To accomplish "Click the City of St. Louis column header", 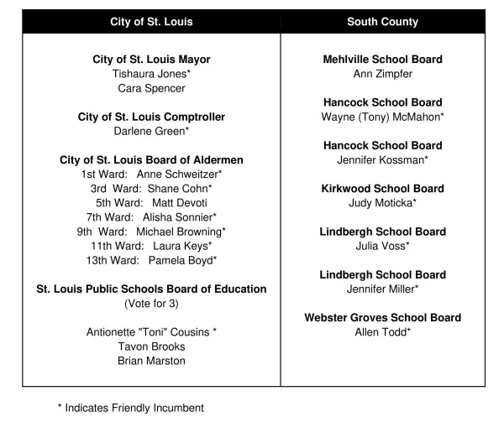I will (151, 22).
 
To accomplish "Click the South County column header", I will (382, 22).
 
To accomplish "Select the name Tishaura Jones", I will (151, 74).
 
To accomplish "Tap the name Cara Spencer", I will (151, 88).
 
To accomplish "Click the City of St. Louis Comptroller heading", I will (151, 117).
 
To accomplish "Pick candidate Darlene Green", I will (151, 131).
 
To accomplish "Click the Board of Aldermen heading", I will (151, 159).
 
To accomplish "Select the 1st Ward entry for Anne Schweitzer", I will (151, 174).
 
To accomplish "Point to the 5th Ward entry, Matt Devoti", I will (151, 202).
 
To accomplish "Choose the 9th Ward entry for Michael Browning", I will (151, 231).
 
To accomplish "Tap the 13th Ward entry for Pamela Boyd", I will (151, 260).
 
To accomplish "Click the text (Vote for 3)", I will (151, 303).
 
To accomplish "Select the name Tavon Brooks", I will (151, 347).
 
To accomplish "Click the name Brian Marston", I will (151, 361).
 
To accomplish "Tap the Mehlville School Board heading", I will (382, 60).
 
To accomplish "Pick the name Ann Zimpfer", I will (382, 74).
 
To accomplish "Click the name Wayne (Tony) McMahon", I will (382, 117).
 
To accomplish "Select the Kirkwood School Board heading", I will (382, 188).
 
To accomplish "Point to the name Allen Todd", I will (382, 332).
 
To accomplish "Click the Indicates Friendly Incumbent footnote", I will (130, 409).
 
